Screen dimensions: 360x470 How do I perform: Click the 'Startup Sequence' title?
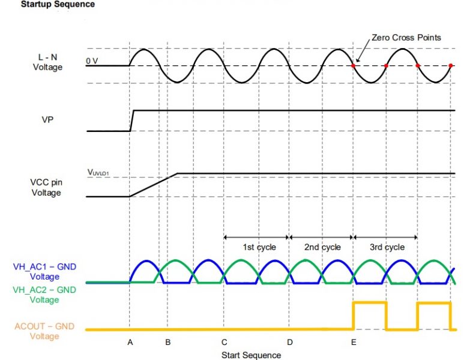coord(58,5)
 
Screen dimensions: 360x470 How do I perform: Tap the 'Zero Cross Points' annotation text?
coord(406,38)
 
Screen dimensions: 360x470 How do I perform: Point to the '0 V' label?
coord(91,61)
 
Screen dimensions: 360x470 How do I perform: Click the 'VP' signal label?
coord(47,119)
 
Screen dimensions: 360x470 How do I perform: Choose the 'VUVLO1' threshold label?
coord(101,172)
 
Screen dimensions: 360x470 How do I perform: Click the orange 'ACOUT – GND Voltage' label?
coord(46,332)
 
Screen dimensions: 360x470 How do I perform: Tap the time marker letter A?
coord(130,342)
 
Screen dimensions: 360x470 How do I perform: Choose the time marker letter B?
coord(167,342)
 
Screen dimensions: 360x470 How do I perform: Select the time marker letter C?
coord(224,342)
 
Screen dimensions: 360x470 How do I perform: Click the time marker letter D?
coord(289,342)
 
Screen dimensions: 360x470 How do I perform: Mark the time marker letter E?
coord(354,342)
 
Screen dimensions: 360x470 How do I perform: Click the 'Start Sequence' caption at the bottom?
coord(251,355)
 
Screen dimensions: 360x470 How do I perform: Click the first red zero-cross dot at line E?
coord(354,65)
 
